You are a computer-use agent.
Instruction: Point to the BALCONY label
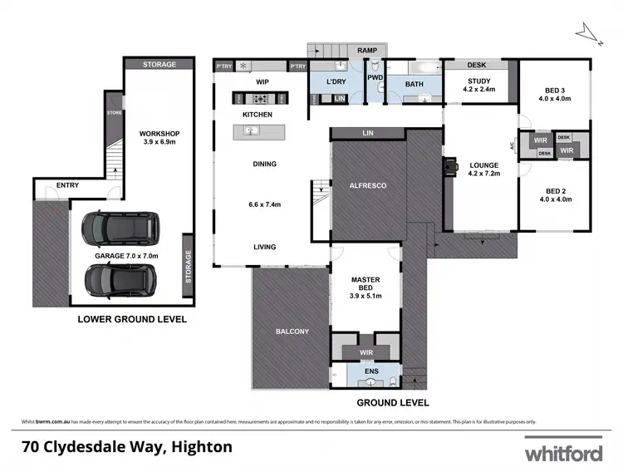coord(292,332)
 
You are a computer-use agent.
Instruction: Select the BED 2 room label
coord(555,194)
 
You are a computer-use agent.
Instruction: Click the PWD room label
coord(375,78)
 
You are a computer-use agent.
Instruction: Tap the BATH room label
coord(415,84)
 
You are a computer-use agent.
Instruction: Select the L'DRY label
coord(336,81)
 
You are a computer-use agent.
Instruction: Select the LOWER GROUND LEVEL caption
coord(132,319)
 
